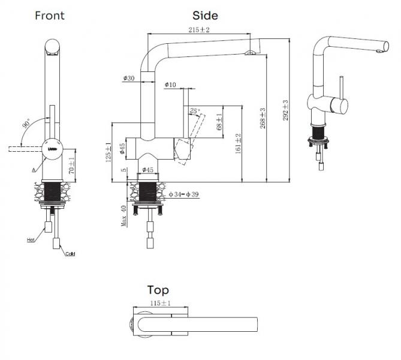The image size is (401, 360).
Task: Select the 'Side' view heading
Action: [205, 15]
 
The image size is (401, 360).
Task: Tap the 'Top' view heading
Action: [158, 290]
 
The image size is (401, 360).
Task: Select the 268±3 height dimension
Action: [262, 118]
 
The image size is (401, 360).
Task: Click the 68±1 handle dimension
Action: [219, 123]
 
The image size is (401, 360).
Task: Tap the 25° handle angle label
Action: [194, 110]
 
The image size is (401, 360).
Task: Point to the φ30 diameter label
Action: [129, 79]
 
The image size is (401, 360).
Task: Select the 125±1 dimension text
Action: [108, 152]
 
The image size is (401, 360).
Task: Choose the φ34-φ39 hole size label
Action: [185, 194]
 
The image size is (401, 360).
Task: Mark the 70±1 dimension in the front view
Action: [71, 166]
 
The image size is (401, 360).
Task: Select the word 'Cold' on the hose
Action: [70, 254]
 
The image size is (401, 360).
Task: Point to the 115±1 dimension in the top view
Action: [161, 304]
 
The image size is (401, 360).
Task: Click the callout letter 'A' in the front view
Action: [34, 170]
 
